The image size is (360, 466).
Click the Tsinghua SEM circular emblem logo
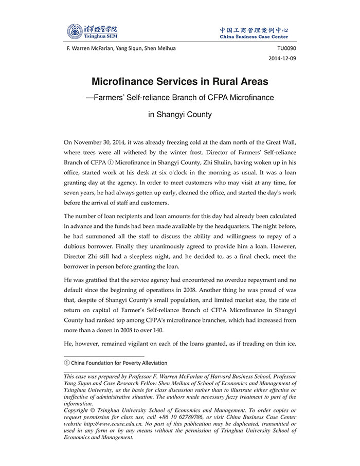click(75, 31)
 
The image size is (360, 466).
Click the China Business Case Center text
click(254, 37)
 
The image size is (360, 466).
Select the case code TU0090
click(286, 48)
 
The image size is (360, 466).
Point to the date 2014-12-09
click(282, 59)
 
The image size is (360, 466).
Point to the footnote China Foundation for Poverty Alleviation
click(118, 363)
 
